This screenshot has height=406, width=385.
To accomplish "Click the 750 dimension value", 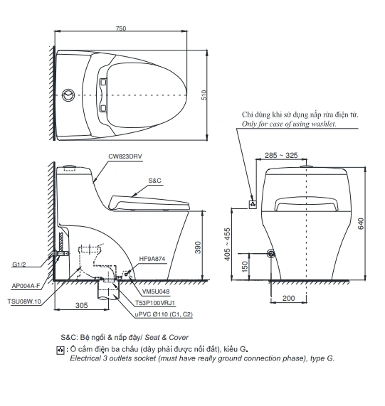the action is point(121,28).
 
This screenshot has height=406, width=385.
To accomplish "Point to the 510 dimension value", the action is point(204,95).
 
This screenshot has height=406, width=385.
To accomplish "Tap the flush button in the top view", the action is point(68,95).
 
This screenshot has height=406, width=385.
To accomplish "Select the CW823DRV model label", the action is point(125,156).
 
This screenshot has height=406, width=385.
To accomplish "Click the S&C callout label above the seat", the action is point(154,181).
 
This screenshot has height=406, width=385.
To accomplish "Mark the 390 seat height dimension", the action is point(198,247).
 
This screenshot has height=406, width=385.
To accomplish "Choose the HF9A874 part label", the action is point(152,259).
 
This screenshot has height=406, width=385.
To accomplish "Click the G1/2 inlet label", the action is point(19,265).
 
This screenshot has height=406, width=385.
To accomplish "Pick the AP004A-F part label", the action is point(26,286).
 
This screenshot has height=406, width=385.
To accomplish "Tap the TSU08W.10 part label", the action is point(24,301).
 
